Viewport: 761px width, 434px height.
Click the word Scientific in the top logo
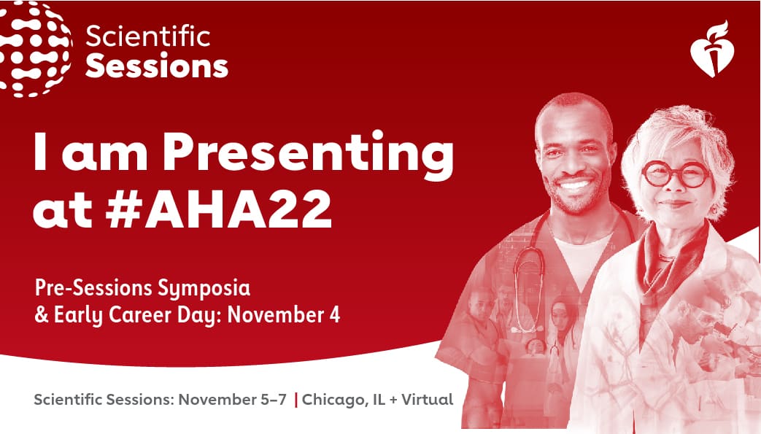[148, 37]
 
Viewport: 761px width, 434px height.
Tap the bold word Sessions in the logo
[157, 66]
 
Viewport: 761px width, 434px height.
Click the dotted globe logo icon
[35, 49]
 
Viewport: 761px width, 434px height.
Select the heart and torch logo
[711, 49]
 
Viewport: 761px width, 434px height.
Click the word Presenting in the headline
[308, 152]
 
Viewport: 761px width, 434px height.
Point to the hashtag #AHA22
[219, 209]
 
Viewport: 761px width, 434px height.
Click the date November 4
[284, 314]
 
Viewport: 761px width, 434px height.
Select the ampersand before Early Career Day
[42, 314]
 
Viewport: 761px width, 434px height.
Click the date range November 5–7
[233, 400]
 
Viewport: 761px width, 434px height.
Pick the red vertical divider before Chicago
[295, 400]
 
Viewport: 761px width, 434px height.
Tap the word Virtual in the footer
[427, 400]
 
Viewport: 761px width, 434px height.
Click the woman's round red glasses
[676, 174]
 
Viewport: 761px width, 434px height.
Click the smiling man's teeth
[575, 185]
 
